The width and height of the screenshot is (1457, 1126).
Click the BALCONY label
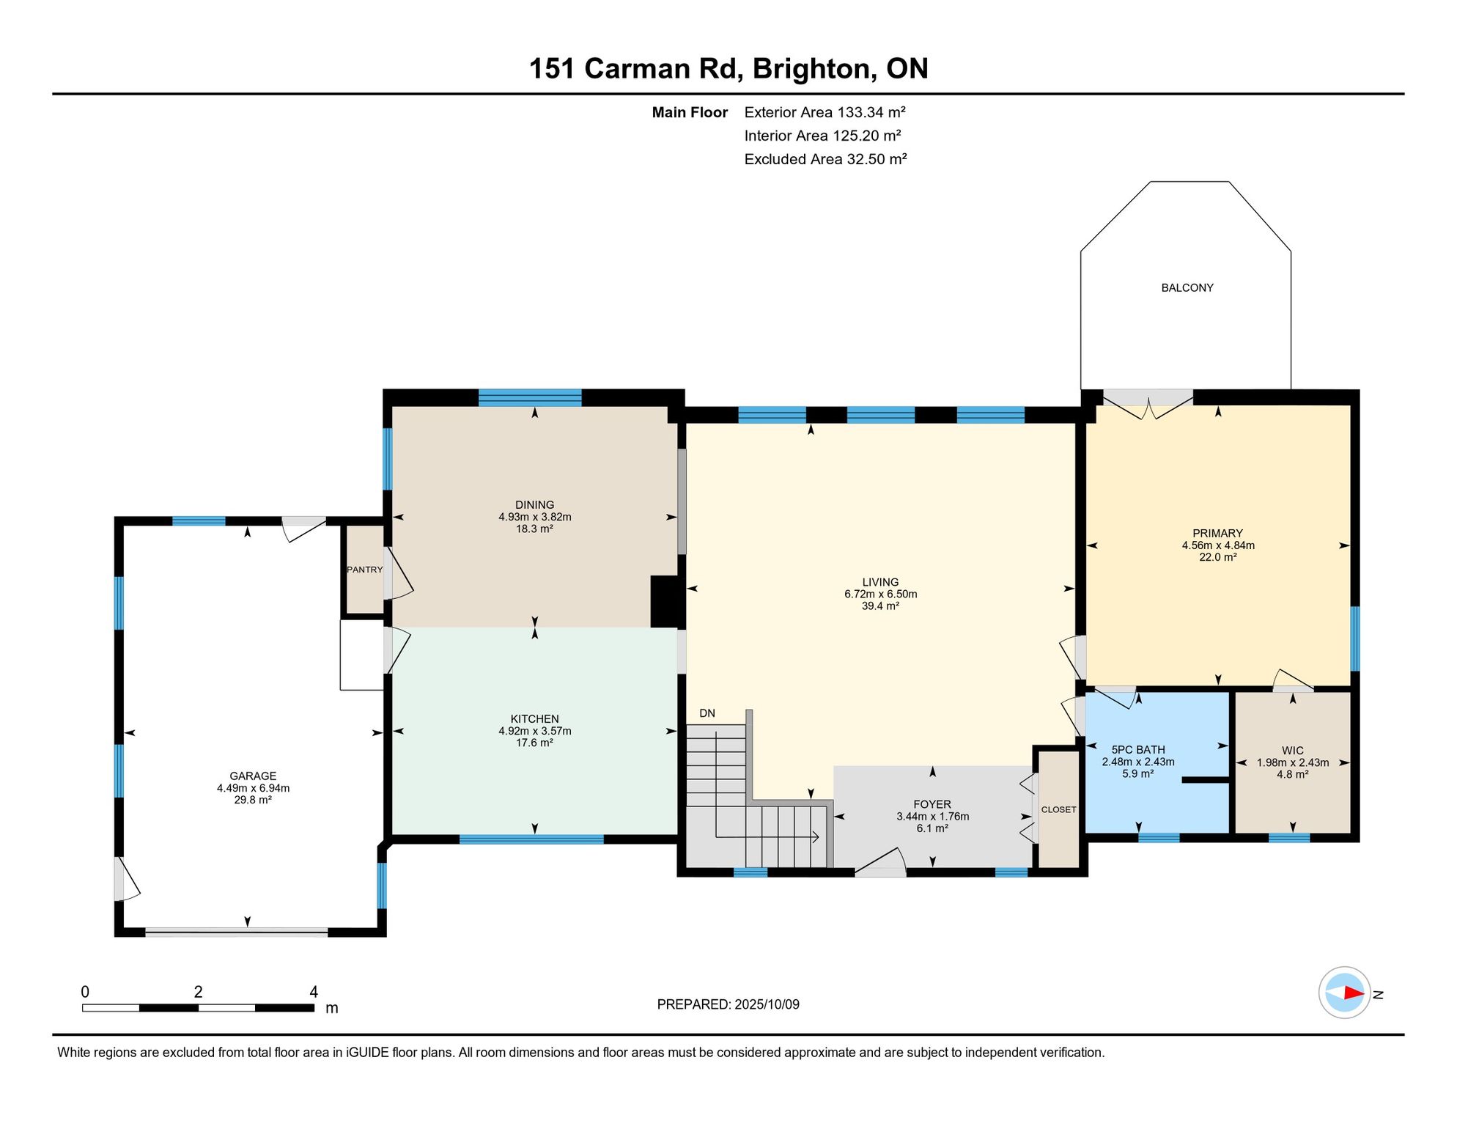pos(1187,288)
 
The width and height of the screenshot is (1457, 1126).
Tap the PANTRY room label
pos(365,570)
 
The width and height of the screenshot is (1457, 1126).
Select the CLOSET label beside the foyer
pos(1059,809)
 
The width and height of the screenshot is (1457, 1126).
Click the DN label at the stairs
pos(707,713)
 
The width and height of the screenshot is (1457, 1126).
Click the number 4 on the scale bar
pos(314,992)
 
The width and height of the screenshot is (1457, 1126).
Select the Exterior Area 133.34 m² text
pos(825,112)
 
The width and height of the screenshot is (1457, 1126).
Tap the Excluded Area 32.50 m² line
pos(826,159)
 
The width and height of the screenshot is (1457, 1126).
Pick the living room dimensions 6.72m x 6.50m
pos(881,594)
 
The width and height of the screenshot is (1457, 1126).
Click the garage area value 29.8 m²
pos(253,800)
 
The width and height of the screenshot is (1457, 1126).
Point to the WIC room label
pos(1293,751)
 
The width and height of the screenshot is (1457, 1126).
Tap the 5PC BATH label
pos(1138,750)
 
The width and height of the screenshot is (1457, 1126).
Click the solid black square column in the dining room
pos(665,601)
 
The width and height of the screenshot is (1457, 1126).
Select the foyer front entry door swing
pos(881,862)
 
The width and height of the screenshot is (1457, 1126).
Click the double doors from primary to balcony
pos(1148,404)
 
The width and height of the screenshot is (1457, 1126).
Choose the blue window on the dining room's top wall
pos(530,398)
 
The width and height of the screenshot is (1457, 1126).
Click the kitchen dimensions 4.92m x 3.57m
pos(535,731)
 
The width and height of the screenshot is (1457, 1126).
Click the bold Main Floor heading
pos(690,112)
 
